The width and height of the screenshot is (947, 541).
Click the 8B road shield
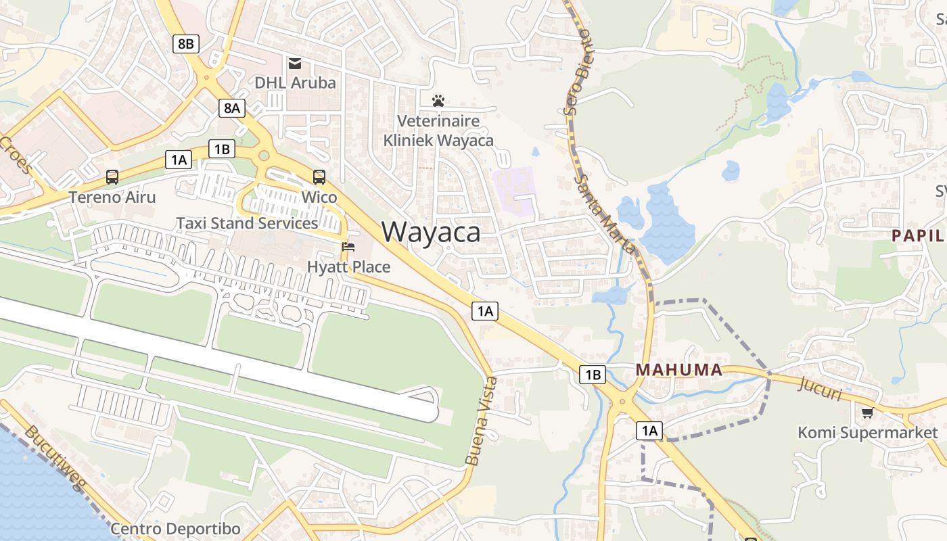185,45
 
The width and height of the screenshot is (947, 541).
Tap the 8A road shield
231,108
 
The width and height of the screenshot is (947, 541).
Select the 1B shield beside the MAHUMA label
592,374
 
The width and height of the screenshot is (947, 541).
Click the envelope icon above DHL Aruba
295,64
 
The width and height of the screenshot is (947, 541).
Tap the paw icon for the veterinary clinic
438,101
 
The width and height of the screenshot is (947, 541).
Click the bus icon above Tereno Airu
112,177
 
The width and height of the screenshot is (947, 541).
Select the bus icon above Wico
319,177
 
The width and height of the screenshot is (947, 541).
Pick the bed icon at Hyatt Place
348,247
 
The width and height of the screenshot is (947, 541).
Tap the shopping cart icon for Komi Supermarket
867,413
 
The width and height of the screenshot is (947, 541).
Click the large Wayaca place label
431,232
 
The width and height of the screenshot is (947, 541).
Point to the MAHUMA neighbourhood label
679,370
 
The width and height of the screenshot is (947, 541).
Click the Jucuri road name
821,388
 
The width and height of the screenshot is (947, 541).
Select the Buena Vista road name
482,421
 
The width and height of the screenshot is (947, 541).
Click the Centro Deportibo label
175,528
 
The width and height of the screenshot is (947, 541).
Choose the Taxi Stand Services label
247,223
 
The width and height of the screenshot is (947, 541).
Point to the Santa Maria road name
606,214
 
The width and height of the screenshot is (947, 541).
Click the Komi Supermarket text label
868,433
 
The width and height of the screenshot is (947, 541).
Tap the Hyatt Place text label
348,267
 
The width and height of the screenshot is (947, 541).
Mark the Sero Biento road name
577,70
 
